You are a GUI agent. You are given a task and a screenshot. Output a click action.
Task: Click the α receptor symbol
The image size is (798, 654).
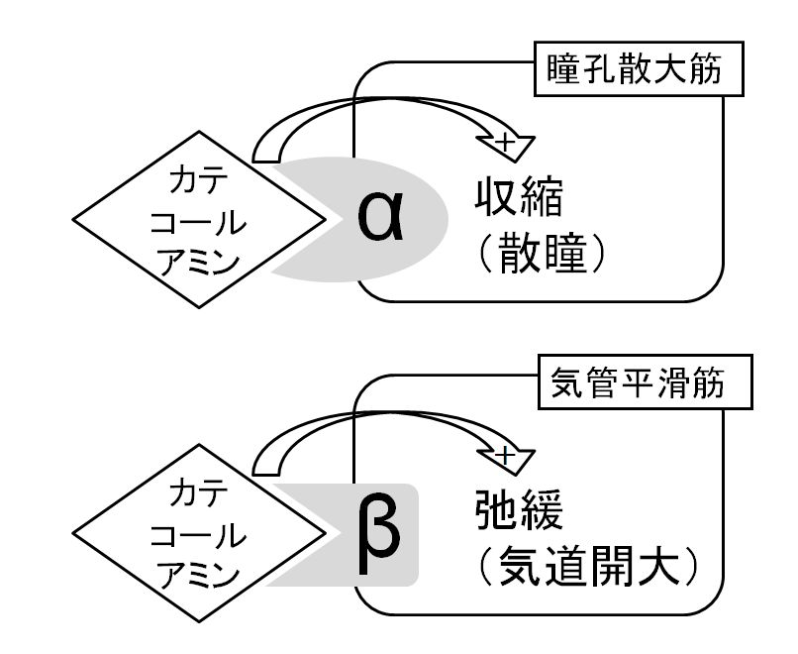tap(382, 221)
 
